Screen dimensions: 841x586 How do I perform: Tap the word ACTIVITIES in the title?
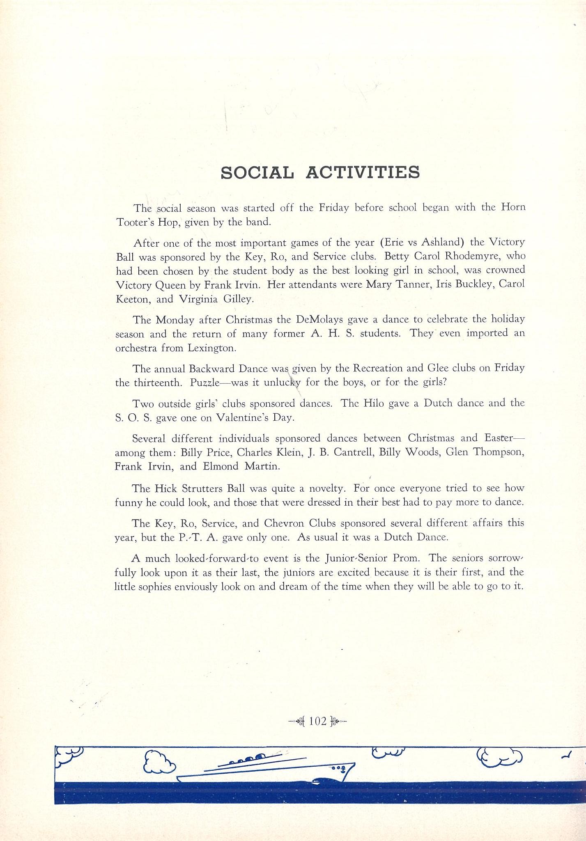(x=363, y=173)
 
